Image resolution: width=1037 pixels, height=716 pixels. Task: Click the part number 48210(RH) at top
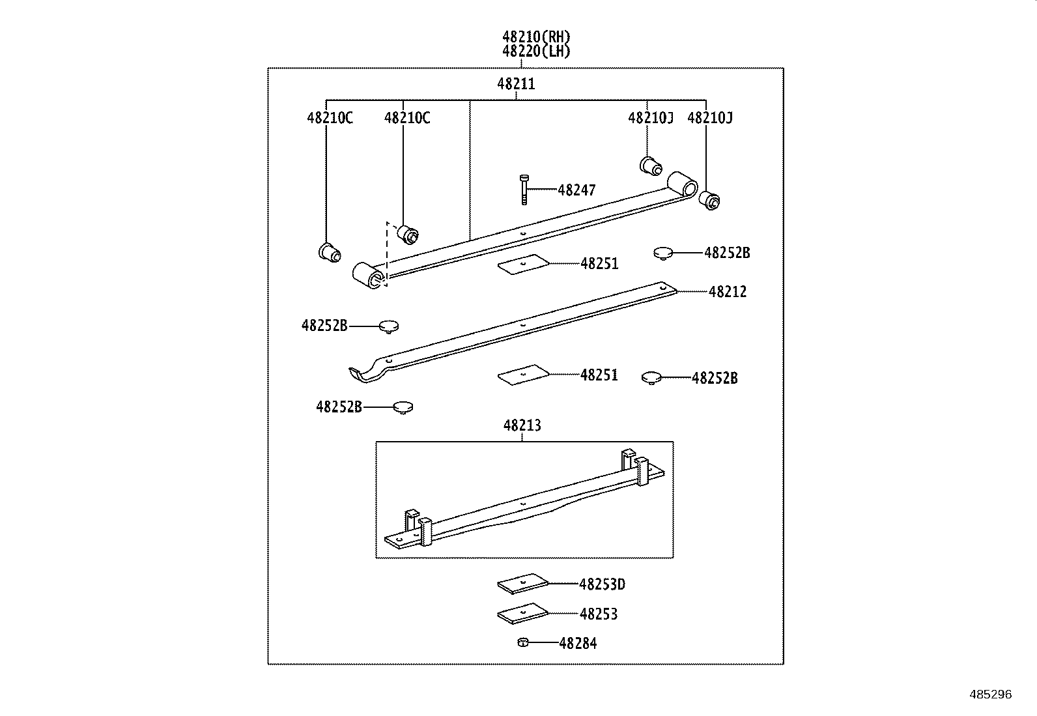point(536,37)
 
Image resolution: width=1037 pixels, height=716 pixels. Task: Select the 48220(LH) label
point(536,51)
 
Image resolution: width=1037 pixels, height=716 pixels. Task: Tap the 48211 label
point(516,84)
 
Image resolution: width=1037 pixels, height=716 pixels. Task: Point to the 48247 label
point(576,190)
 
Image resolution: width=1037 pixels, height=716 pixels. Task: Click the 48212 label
point(728,292)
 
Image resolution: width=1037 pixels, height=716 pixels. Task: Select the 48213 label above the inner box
point(522,425)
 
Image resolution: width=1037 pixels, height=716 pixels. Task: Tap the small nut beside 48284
point(522,643)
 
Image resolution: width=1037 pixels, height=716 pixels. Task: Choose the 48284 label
point(578,644)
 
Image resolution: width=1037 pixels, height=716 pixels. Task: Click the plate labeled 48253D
point(522,584)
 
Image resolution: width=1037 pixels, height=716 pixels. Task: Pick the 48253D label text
point(602,584)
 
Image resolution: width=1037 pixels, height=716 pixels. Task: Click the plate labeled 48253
point(522,614)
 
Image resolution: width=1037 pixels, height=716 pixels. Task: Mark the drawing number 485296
point(990,695)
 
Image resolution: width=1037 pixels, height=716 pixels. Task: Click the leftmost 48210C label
point(330,118)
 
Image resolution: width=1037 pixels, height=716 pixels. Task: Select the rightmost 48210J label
point(710,118)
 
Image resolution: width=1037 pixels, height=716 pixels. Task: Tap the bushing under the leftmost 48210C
point(330,251)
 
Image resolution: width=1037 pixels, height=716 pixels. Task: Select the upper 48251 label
point(599,264)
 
